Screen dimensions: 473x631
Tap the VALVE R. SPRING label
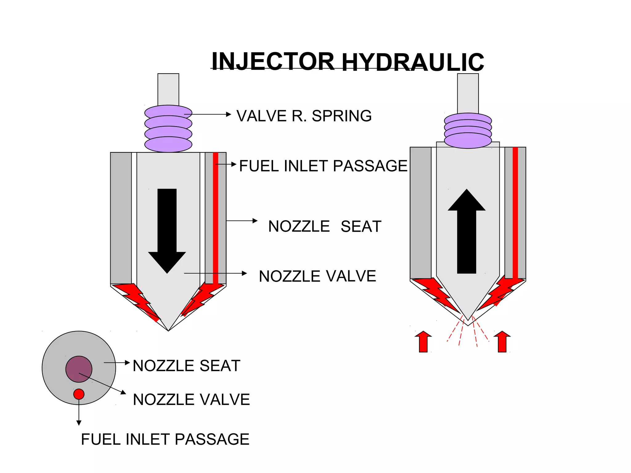click(304, 116)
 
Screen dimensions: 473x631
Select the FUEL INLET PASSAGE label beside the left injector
click(323, 166)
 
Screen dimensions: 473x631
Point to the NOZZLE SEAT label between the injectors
click(325, 226)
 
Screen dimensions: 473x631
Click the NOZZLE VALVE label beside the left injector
click(317, 276)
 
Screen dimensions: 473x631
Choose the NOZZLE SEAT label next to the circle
click(186, 366)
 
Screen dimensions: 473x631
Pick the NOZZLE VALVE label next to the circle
click(191, 399)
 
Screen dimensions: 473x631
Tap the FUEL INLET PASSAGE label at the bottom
click(165, 439)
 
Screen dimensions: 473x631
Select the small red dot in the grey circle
click(79, 394)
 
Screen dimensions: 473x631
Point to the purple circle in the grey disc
click(79, 369)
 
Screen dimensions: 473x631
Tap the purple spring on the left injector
click(168, 129)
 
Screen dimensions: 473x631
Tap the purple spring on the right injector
click(468, 131)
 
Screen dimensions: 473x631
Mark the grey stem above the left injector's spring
click(168, 89)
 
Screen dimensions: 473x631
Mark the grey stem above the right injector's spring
click(468, 93)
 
